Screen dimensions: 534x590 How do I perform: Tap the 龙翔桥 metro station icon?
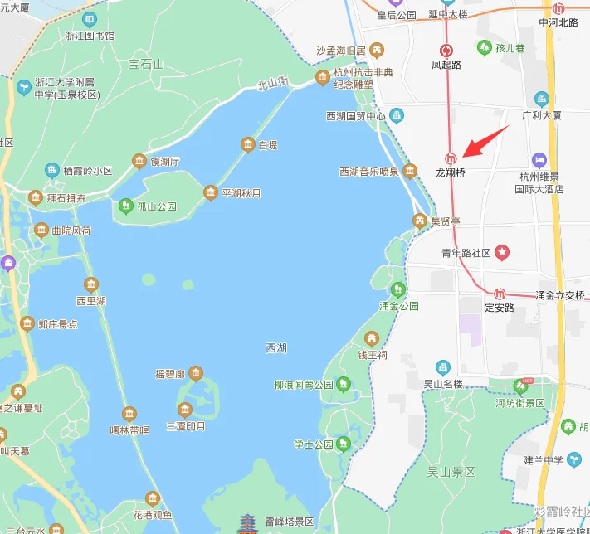tap(451, 158)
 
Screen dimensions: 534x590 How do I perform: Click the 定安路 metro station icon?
tap(500, 294)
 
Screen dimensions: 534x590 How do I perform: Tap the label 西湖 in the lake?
tap(276, 348)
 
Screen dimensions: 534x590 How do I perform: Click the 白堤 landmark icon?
tap(247, 145)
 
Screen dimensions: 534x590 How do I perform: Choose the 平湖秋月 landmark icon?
tap(210, 193)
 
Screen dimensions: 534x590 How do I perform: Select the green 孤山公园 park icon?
tap(125, 204)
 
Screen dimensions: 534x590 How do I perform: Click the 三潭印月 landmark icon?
tap(184, 409)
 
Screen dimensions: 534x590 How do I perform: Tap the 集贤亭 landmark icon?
tap(420, 221)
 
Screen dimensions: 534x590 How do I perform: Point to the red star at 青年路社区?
tap(501, 251)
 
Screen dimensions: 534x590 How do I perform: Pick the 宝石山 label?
tap(146, 63)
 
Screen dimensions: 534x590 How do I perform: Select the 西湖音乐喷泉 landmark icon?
tap(409, 172)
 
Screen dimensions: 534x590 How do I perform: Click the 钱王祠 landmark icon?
tap(371, 337)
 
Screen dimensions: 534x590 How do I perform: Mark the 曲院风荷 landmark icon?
tap(41, 230)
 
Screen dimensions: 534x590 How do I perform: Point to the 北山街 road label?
tap(271, 82)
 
